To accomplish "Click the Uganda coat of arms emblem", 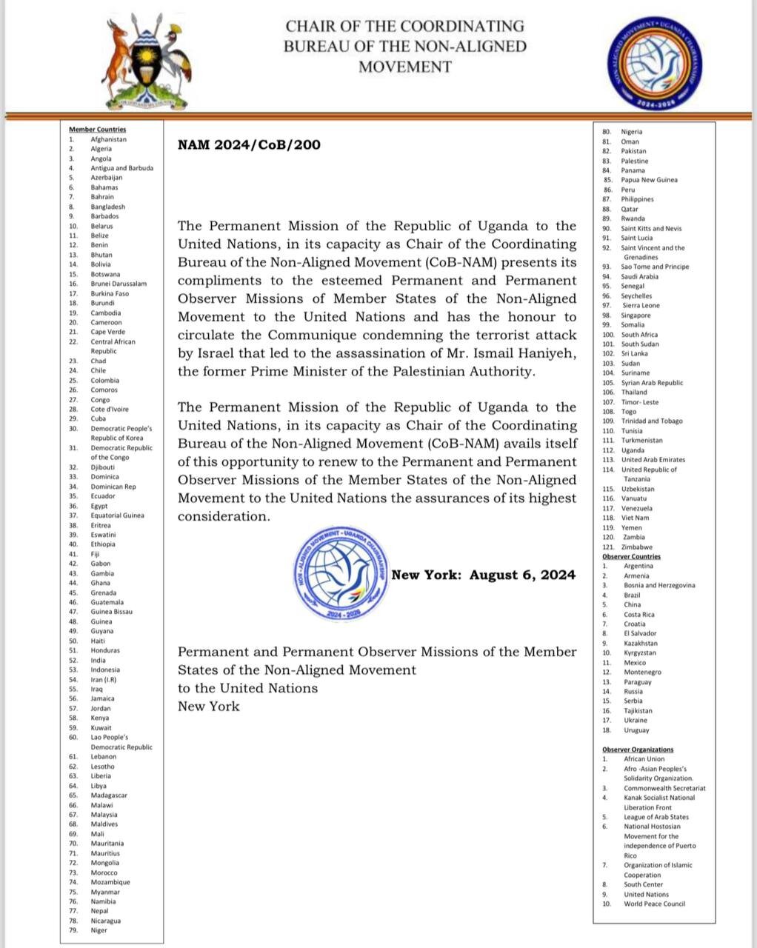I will [x=147, y=63].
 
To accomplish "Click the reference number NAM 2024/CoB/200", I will [x=249, y=144].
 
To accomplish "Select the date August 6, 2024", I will [x=522, y=575].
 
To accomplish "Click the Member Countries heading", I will [x=97, y=130].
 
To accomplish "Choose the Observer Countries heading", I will [x=631, y=556].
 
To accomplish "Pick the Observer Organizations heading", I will [x=638, y=750].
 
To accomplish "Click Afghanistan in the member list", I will [x=108, y=139].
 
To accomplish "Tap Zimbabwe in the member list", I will [x=636, y=547].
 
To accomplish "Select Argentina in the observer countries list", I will [x=638, y=566].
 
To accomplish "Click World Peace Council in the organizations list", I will [x=654, y=904].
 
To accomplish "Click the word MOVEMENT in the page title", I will [x=404, y=67].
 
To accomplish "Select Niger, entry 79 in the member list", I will [x=99, y=930].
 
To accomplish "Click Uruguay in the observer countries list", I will [x=636, y=730].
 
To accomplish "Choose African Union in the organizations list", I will [x=644, y=759].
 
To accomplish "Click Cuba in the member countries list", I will [x=99, y=418].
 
